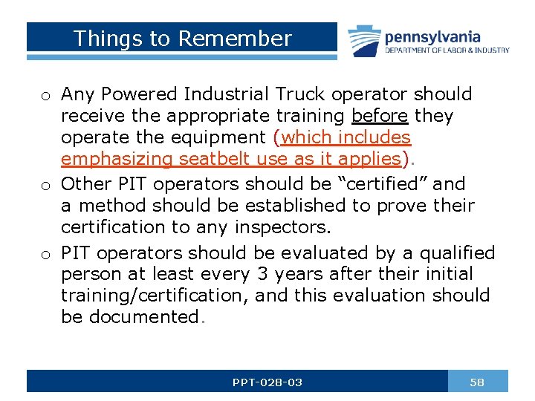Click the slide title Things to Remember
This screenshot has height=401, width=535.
click(183, 39)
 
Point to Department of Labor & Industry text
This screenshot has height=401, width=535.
click(447, 50)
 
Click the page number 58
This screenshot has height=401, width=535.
click(477, 382)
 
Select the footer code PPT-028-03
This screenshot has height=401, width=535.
click(267, 382)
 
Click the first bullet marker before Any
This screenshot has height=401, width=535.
click(46, 96)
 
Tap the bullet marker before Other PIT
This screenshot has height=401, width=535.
click(46, 184)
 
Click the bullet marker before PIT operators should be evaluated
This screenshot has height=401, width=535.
click(46, 254)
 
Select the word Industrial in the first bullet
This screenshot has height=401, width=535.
click(227, 94)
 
